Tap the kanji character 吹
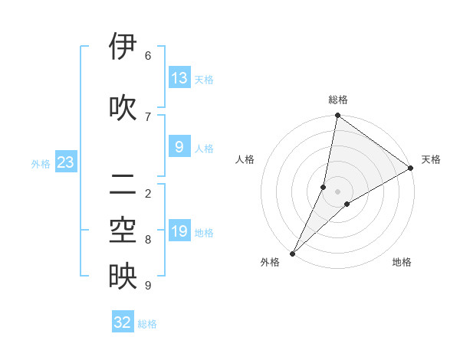(x=123, y=107)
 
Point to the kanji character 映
(x=123, y=277)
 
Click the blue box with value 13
(x=179, y=77)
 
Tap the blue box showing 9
(x=179, y=146)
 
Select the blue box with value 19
(x=179, y=231)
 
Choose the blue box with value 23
(x=65, y=162)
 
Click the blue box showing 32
(x=123, y=322)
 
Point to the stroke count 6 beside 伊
(x=148, y=55)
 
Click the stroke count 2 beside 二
(x=148, y=193)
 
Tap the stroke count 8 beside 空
(x=148, y=240)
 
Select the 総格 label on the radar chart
(x=337, y=100)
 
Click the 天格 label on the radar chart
(x=431, y=159)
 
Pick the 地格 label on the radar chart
(x=402, y=262)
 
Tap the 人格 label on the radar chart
(x=245, y=159)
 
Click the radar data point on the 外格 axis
(x=292, y=253)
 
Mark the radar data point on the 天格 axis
(x=411, y=168)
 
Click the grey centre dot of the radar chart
(x=337, y=191)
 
